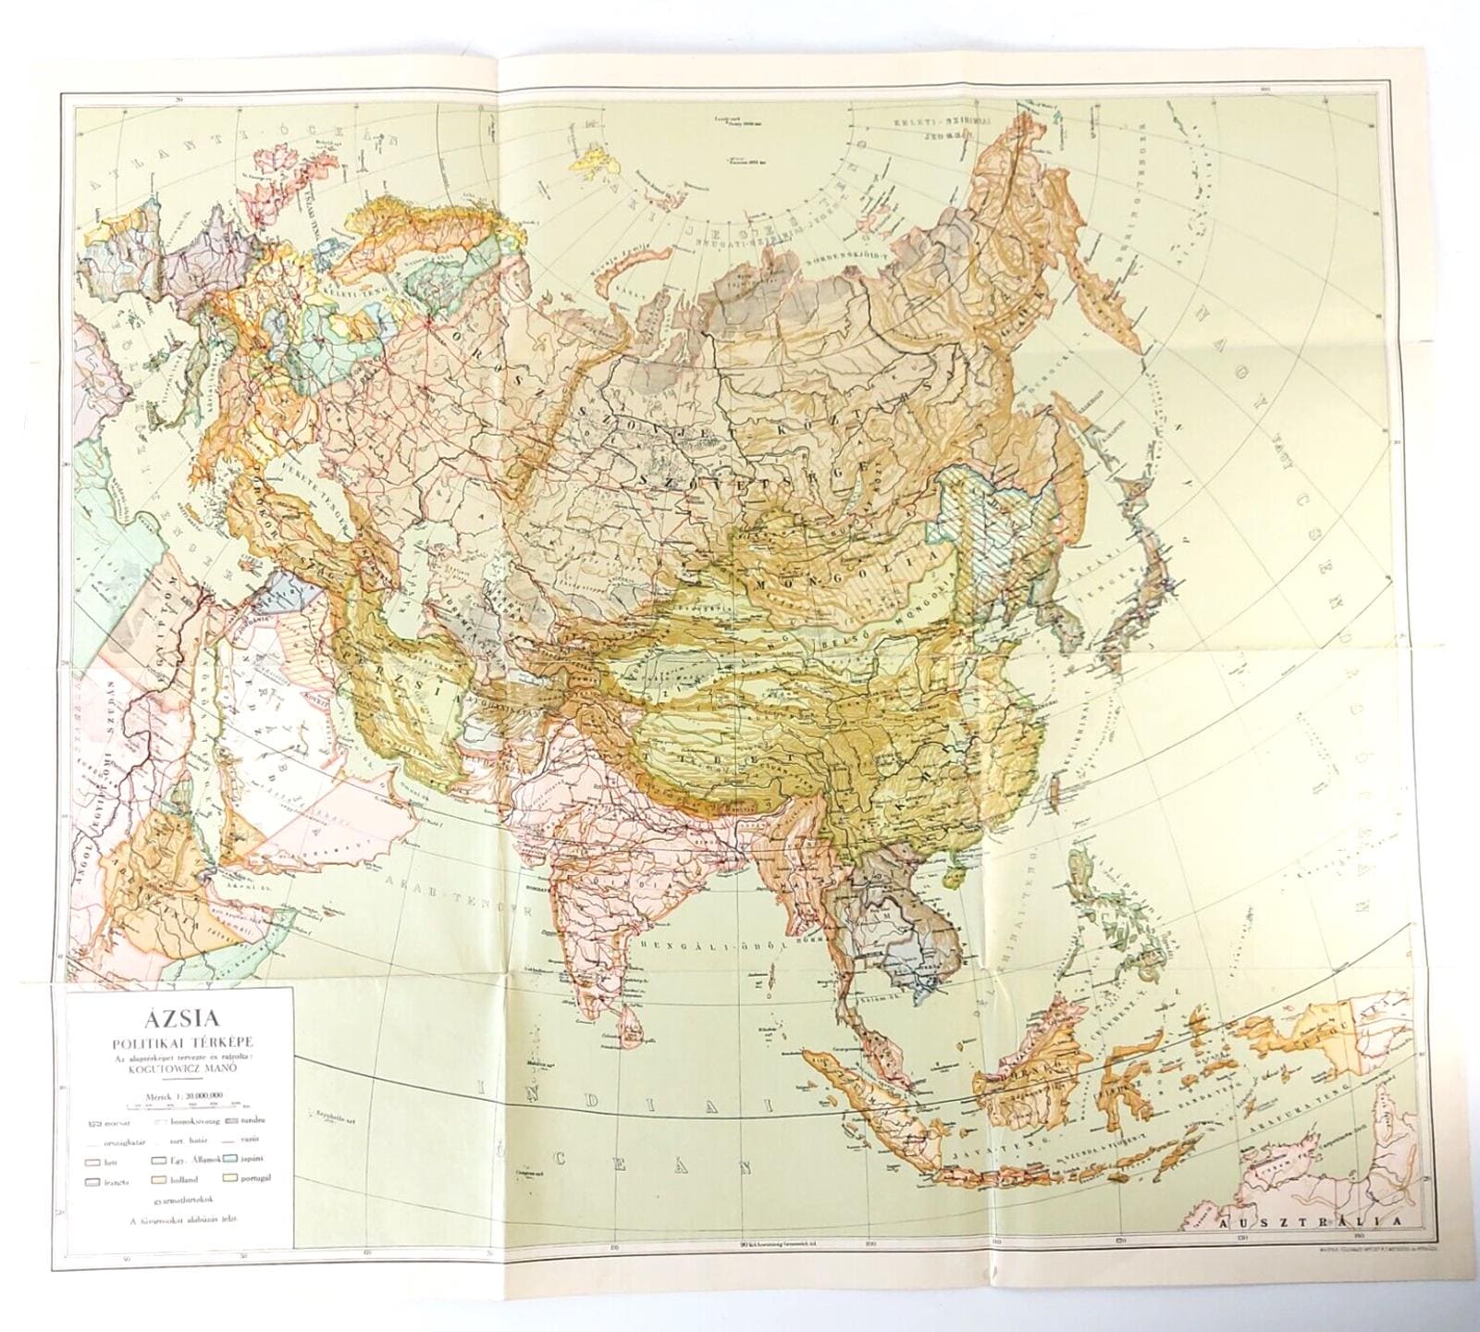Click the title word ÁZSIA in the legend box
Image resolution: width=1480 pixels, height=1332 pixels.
click(x=179, y=1021)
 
